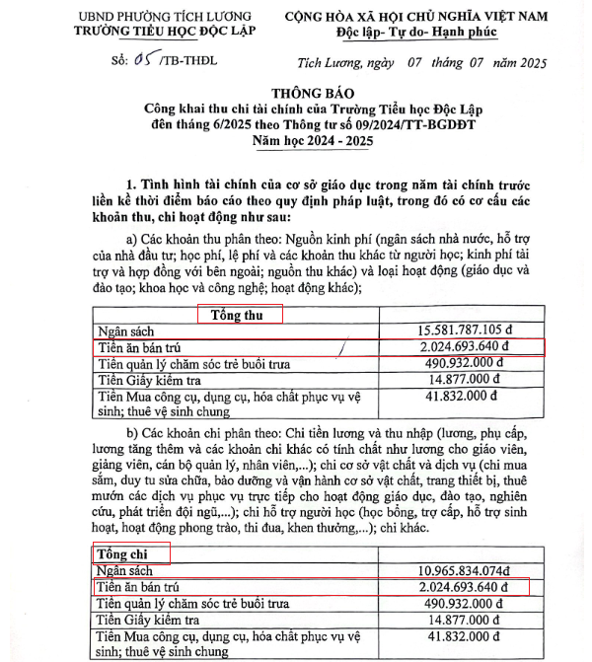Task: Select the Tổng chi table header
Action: click(121, 553)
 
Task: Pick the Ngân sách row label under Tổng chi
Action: click(125, 571)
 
